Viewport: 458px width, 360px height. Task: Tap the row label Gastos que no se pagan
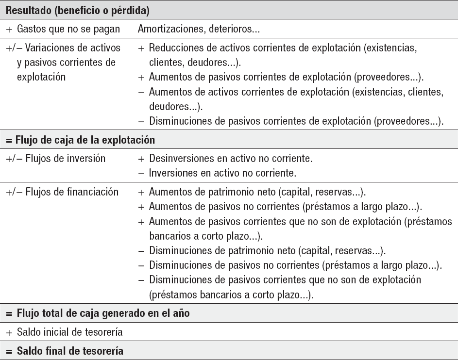click(x=68, y=30)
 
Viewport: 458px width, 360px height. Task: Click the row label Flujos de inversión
click(x=60, y=159)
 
